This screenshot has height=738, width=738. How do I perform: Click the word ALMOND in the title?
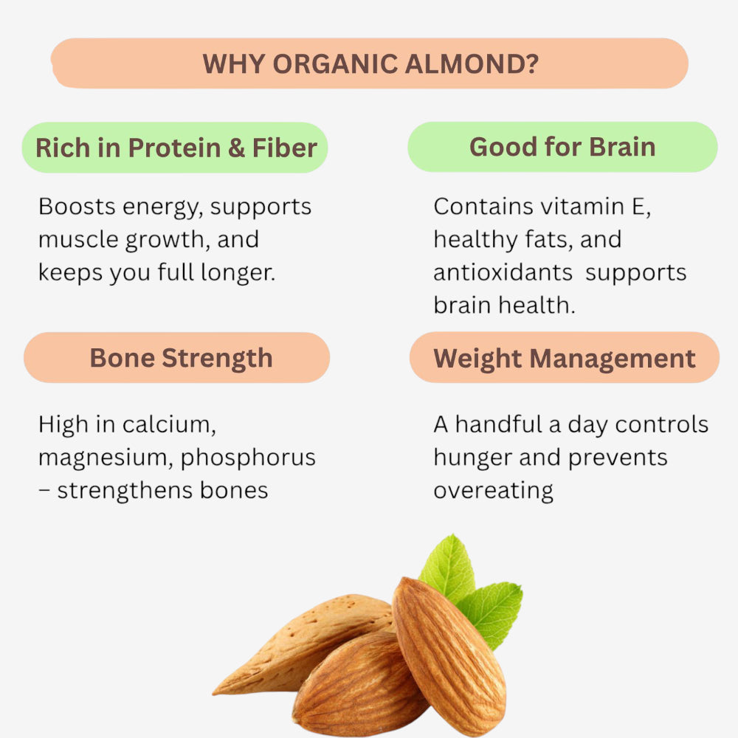466,64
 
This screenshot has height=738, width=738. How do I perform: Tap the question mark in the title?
530,64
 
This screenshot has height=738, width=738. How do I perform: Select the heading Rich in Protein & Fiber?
176,148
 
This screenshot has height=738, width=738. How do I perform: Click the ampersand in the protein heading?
236,148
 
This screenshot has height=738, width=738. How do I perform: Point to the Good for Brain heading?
562,147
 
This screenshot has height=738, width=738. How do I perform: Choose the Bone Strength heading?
181,358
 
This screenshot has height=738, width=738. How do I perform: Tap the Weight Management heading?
565,359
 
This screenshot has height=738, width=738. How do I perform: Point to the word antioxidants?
503,272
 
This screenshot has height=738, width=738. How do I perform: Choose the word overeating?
493,491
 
